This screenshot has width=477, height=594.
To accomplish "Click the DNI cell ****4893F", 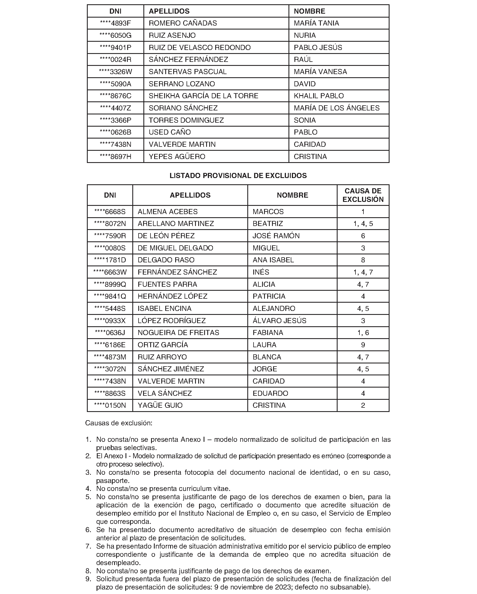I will pos(116,23).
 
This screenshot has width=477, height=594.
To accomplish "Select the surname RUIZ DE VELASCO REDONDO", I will pos(200,47).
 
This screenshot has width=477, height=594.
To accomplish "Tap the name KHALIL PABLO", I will pos(319,96).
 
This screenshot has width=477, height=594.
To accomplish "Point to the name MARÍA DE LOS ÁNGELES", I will pos(336,108).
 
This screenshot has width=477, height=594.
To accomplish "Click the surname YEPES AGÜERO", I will pos(177,157).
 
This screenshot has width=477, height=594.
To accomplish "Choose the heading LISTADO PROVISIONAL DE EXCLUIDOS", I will pos(238,176).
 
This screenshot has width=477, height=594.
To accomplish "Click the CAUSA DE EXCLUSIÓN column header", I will pos(363,195).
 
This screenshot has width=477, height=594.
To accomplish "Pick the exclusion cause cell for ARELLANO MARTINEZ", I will pos(363,224).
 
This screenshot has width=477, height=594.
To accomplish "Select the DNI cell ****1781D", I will pos(110,260).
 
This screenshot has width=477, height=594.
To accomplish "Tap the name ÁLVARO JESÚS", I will pos(279,321).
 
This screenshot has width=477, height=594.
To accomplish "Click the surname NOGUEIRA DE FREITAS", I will pos(178,333).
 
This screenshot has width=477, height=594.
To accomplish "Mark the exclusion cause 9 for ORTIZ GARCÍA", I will pos(363,345).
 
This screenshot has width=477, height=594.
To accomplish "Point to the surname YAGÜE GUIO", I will pos(160,405).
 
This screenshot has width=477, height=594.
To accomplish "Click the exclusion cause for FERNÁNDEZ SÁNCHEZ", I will pos(363,272).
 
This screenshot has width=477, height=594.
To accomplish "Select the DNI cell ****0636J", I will pos(110,333).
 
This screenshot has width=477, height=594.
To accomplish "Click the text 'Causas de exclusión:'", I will pos(119,423).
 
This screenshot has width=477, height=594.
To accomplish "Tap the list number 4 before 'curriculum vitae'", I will pos(88,489).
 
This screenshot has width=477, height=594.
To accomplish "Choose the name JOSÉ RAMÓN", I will pos(276,236).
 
